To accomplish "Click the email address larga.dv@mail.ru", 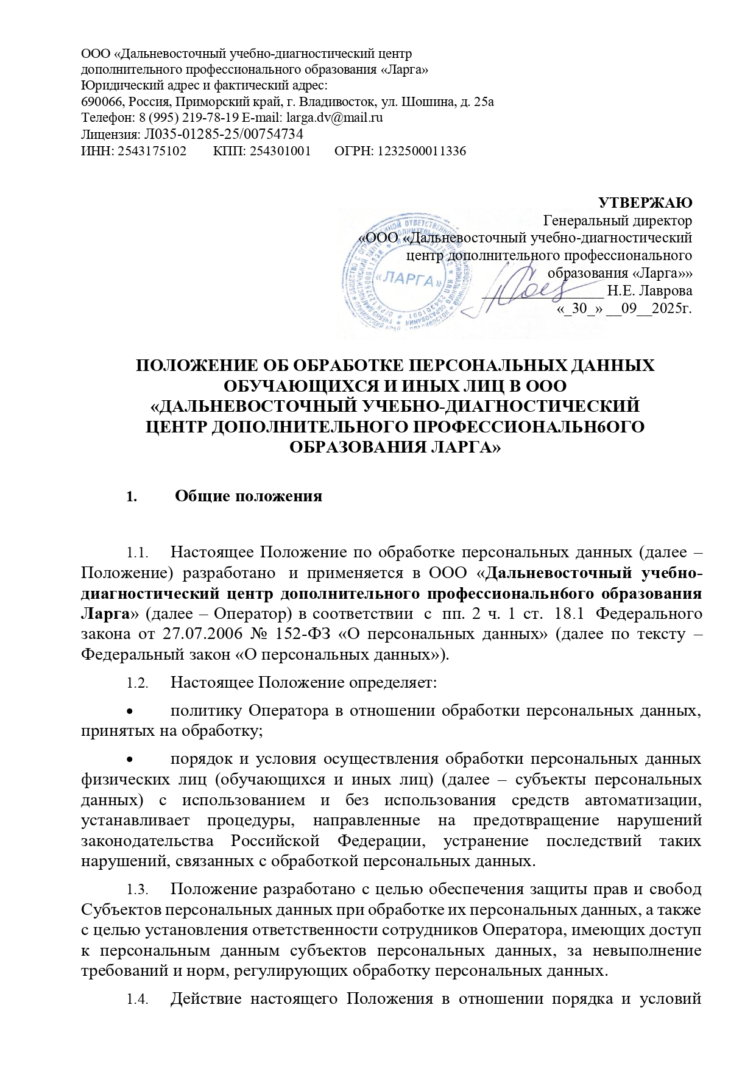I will tap(334, 118).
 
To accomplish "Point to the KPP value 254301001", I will tap(278, 150).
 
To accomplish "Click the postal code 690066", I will tap(101, 101).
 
